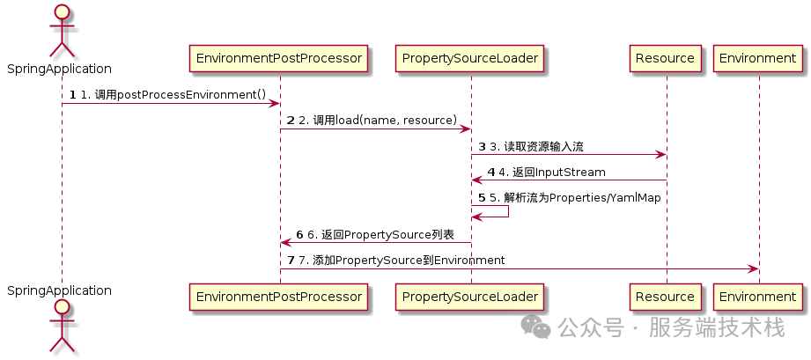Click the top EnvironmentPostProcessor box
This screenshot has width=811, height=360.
tap(280, 59)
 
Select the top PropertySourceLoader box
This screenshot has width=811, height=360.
tap(470, 59)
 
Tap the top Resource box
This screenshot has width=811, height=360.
tap(666, 59)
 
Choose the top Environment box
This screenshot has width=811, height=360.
tap(757, 59)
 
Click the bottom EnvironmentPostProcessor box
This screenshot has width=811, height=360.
tap(280, 297)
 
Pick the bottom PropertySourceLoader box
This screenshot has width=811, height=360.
tap(470, 297)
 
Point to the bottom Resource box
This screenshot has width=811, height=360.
tap(666, 297)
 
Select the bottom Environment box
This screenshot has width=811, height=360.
tap(757, 297)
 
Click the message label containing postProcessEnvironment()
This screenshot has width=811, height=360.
tap(173, 94)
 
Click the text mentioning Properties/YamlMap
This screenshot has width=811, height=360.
tap(575, 198)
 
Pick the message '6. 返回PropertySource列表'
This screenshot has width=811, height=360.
tap(380, 234)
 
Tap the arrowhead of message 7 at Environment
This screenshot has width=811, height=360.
tap(753, 268)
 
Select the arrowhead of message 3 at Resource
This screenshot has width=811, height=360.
tap(660, 156)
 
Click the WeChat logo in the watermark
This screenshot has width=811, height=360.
tap(536, 327)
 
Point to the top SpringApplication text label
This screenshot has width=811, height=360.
tap(60, 69)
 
